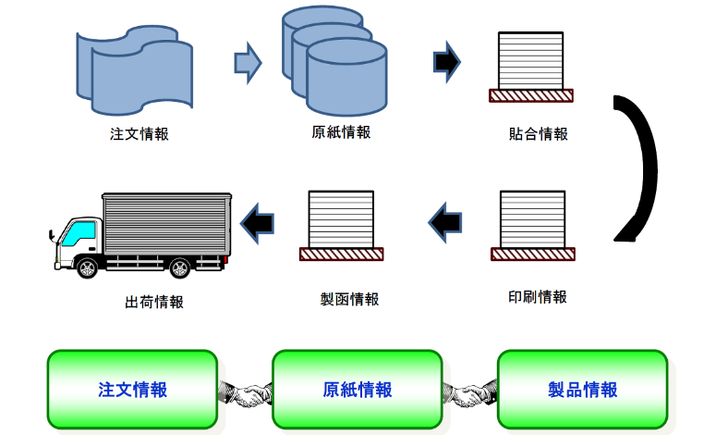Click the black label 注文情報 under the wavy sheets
point(140,133)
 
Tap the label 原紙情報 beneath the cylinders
point(341,132)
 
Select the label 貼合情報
point(539,133)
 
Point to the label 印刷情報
point(538,297)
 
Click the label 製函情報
point(349,299)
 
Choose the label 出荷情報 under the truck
point(154,302)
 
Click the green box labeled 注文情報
point(132,389)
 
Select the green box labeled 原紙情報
point(358,389)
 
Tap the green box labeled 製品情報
point(583,389)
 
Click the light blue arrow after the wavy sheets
point(248,63)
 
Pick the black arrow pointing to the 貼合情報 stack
point(447,62)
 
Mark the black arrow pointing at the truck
point(257,223)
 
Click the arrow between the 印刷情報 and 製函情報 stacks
point(445,222)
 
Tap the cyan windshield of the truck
point(79,233)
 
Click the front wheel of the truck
point(88,268)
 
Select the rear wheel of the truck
point(180,268)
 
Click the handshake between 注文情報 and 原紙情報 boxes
point(245,393)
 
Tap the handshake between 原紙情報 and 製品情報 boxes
point(470,393)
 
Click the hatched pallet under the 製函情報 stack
point(342,255)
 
